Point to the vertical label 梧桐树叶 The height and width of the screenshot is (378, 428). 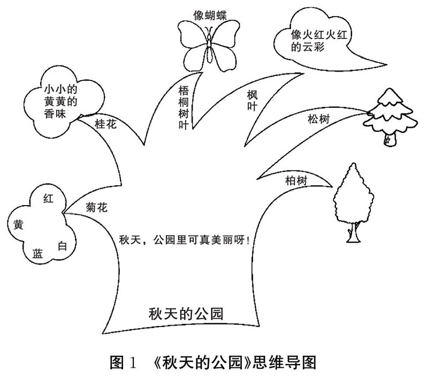coord(184,105)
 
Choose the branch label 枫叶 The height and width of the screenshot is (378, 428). coord(253,100)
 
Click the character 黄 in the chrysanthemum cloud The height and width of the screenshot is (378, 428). coord(17,224)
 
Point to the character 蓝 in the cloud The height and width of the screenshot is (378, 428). coord(37,254)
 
